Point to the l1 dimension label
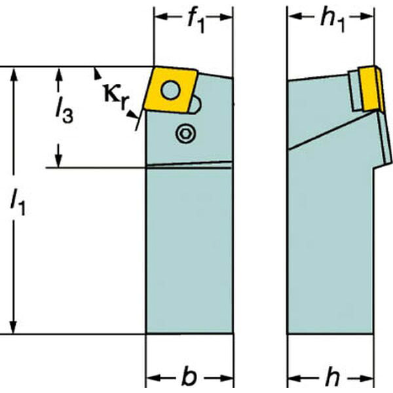coord(18,202)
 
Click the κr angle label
coord(116,97)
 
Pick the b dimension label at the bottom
coord(189,377)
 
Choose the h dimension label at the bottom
coord(332,377)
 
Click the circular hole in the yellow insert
coord(171,90)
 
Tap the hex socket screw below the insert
coord(186,134)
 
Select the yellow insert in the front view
coord(171,91)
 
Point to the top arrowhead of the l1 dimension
coord(14,74)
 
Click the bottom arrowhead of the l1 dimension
coord(14,327)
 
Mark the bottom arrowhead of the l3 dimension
coord(58,160)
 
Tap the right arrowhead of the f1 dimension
coord(225,17)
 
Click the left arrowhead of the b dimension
coord(153,378)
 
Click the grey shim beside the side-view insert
coord(354,90)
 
